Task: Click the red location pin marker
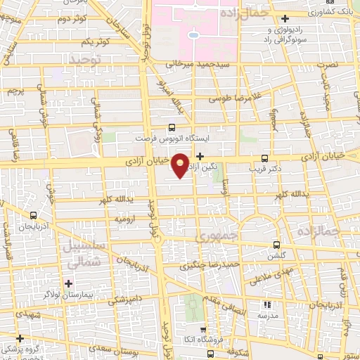tap(181, 165)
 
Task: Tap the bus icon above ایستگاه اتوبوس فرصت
tap(172, 128)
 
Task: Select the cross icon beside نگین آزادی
tap(201, 156)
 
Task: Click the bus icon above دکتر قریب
tap(264, 157)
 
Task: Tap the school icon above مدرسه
tap(266, 304)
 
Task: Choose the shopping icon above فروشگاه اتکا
tap(204, 328)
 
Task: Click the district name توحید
tap(86, 63)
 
